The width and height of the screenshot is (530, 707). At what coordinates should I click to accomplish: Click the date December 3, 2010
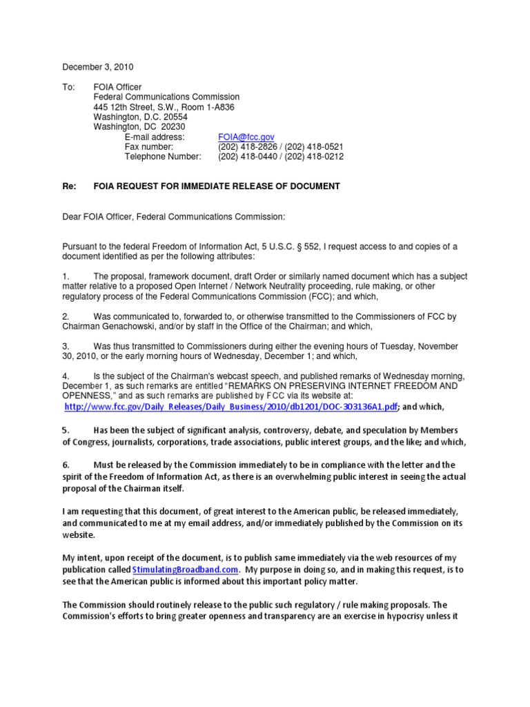(x=98, y=67)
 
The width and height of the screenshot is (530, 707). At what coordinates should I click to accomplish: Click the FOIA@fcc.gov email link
(x=246, y=137)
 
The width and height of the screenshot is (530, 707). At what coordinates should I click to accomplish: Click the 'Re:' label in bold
(x=70, y=186)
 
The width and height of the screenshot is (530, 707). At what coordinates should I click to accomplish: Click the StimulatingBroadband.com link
(x=186, y=570)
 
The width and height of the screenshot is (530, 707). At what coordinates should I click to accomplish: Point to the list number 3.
(x=66, y=346)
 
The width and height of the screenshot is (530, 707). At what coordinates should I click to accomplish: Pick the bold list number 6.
(x=66, y=465)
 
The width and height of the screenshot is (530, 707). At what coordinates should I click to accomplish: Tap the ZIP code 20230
(x=174, y=127)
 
